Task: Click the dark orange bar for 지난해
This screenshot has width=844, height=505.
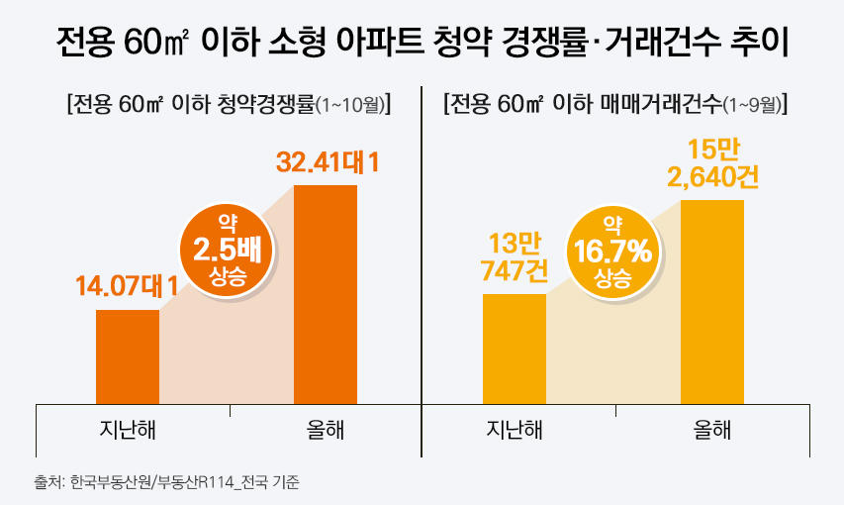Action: point(128,356)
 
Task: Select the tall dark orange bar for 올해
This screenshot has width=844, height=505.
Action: point(326,294)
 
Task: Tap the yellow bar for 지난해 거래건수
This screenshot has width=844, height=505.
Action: point(514,349)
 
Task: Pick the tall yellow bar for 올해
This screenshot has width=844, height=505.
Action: point(712,301)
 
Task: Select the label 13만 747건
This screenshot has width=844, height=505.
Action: point(514,257)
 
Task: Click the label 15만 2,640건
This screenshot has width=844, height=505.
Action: point(712,164)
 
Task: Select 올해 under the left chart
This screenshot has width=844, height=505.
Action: point(326,431)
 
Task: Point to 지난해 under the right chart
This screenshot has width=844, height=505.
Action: point(516,431)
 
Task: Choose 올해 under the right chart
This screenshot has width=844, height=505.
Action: point(712,431)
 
